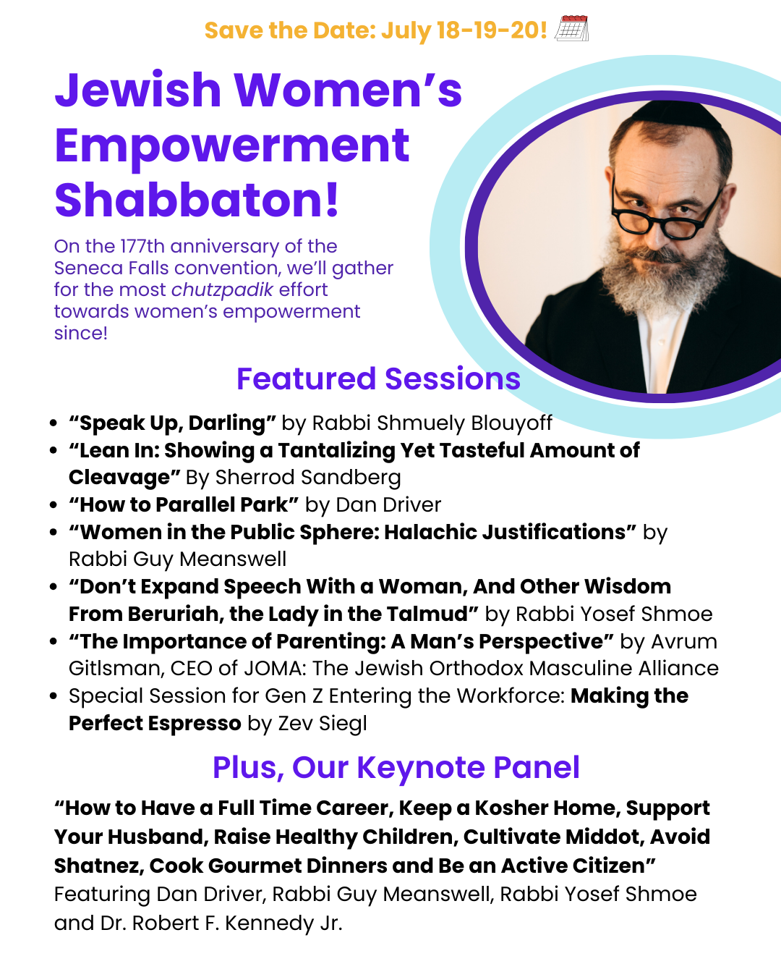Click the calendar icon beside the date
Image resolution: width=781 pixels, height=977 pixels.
coord(571,28)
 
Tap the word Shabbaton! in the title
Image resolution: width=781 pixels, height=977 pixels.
coord(197,200)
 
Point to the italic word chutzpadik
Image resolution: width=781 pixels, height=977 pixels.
coord(222,289)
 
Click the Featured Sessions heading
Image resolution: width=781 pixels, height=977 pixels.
coord(378,378)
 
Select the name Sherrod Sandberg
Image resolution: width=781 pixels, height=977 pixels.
coord(307,477)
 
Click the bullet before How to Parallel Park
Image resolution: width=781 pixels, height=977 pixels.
coord(54,505)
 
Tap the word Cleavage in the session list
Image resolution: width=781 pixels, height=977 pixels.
coord(119,477)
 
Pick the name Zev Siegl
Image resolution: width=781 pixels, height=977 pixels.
coord(323,723)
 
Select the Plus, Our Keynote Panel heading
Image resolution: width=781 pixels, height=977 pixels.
coord(396,767)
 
